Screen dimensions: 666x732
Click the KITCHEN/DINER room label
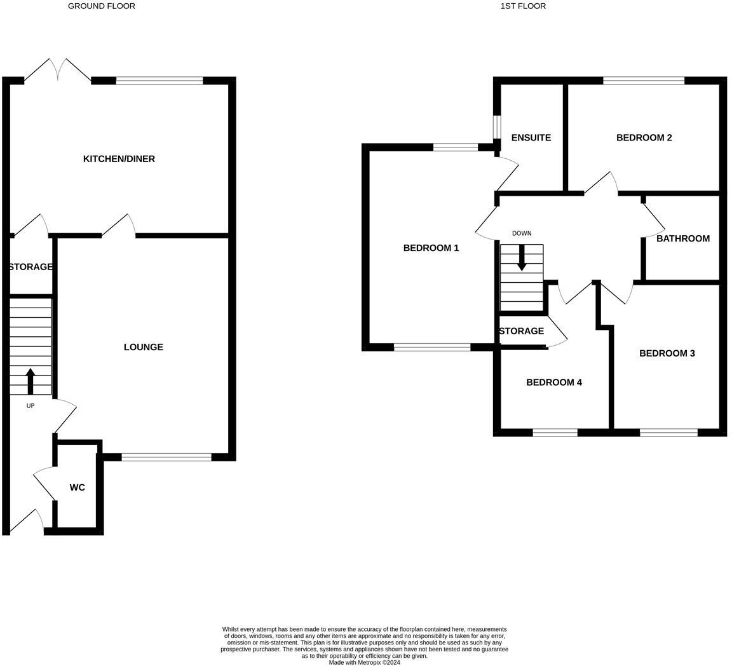[119, 159]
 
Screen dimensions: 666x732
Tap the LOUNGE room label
[143, 347]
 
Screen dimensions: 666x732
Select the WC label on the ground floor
[77, 487]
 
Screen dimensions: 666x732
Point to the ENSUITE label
[531, 138]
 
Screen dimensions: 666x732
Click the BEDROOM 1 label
[431, 248]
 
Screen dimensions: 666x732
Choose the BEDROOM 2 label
[644, 138]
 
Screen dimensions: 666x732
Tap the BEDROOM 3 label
[667, 353]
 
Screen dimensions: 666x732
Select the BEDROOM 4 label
[553, 383]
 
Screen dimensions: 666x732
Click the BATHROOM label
[682, 239]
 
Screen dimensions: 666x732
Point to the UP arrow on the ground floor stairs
[30, 381]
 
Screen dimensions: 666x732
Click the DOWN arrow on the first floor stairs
[522, 257]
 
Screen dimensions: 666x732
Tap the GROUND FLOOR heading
[102, 6]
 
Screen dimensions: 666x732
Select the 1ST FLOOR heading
[523, 6]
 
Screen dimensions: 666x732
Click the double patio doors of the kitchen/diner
[58, 71]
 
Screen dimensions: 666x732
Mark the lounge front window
[166, 457]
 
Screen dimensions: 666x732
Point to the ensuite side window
[497, 126]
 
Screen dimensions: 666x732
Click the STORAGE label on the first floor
[521, 331]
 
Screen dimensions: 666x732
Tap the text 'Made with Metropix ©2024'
[364, 662]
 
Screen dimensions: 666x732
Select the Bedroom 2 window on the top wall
[643, 81]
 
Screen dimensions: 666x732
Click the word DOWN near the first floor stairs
[521, 233]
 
